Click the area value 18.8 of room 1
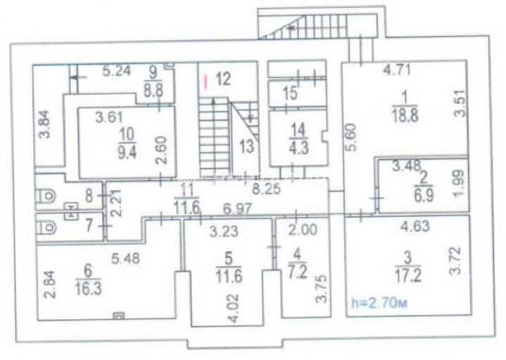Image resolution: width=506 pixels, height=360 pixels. pyautogui.click(x=405, y=115)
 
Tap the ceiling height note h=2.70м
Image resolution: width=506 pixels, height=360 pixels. pyautogui.click(x=379, y=303)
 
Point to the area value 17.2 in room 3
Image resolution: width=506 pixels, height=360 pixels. pyautogui.click(x=408, y=276)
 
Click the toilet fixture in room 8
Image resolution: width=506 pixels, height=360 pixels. pyautogui.click(x=46, y=195)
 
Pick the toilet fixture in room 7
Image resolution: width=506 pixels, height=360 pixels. pyautogui.click(x=46, y=228)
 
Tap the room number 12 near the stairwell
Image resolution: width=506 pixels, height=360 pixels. pyautogui.click(x=223, y=79)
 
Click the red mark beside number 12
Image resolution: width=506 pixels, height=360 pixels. pyautogui.click(x=205, y=82)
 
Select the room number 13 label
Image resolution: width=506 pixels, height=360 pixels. pyautogui.click(x=246, y=146)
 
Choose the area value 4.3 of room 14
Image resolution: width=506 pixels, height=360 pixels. pyautogui.click(x=298, y=147)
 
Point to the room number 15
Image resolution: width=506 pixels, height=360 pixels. pyautogui.click(x=290, y=93)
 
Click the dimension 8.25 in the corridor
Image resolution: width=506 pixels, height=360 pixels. pyautogui.click(x=266, y=189)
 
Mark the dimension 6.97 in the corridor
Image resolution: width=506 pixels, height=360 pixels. pyautogui.click(x=237, y=210)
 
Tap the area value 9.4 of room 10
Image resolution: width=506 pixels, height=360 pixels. pyautogui.click(x=127, y=152)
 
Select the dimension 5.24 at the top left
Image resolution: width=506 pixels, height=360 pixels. pyautogui.click(x=117, y=71)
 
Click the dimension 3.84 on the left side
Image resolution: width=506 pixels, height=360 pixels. pyautogui.click(x=46, y=124)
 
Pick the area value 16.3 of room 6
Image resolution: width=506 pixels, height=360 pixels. pyautogui.click(x=88, y=288)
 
